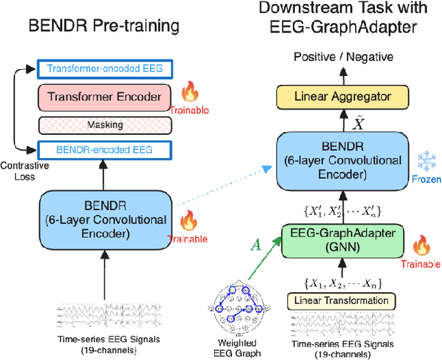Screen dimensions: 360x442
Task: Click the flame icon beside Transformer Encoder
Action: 189,91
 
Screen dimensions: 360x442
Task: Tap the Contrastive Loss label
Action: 20,172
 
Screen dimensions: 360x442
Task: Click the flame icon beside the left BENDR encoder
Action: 189,221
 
